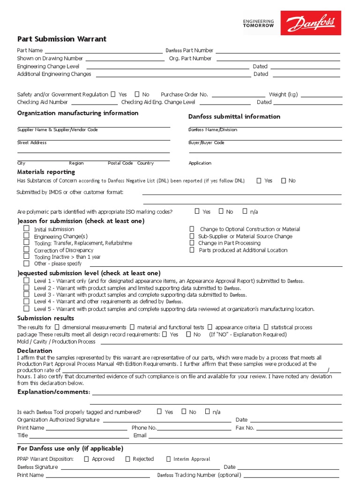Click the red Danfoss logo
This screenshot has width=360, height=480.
(311, 23)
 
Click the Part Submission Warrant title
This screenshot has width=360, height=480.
(62, 39)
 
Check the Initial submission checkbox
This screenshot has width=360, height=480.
(27, 229)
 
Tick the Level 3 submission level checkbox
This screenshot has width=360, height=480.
(27, 294)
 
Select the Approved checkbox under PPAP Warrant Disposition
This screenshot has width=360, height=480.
(86, 459)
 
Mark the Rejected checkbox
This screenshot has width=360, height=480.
(127, 459)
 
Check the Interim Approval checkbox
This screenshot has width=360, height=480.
(169, 459)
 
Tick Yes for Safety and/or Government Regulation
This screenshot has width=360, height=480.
(113, 94)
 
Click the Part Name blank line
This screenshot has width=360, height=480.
(103, 51)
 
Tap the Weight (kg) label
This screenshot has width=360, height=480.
(283, 94)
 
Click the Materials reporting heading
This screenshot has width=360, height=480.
(46, 172)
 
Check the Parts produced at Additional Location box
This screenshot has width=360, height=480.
(192, 250)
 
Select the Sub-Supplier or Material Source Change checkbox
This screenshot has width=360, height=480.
(192, 236)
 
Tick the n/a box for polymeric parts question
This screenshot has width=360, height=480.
(245, 211)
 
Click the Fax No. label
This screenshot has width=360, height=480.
(245, 427)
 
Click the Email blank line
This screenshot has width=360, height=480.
(244, 436)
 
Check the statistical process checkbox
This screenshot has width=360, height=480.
(266, 327)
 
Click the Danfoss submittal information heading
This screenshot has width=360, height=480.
(234, 116)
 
